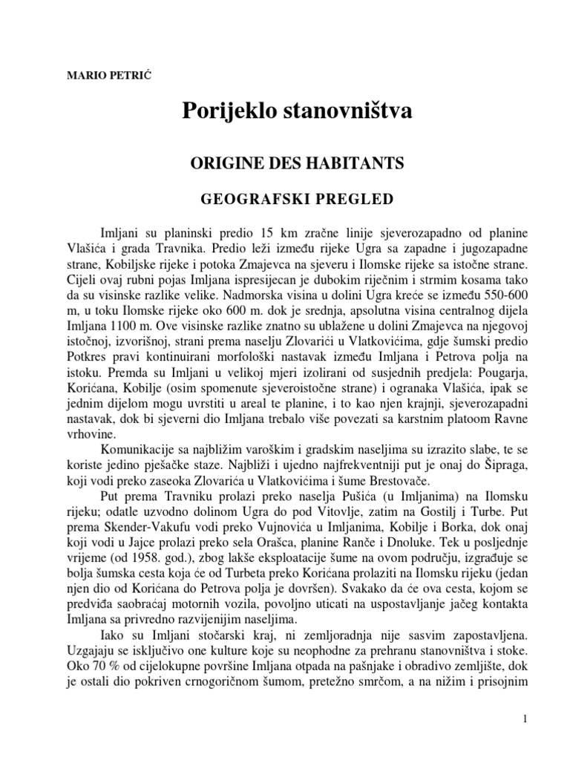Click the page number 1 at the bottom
pyautogui.click(x=524, y=720)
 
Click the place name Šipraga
pyautogui.click(x=505, y=484)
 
